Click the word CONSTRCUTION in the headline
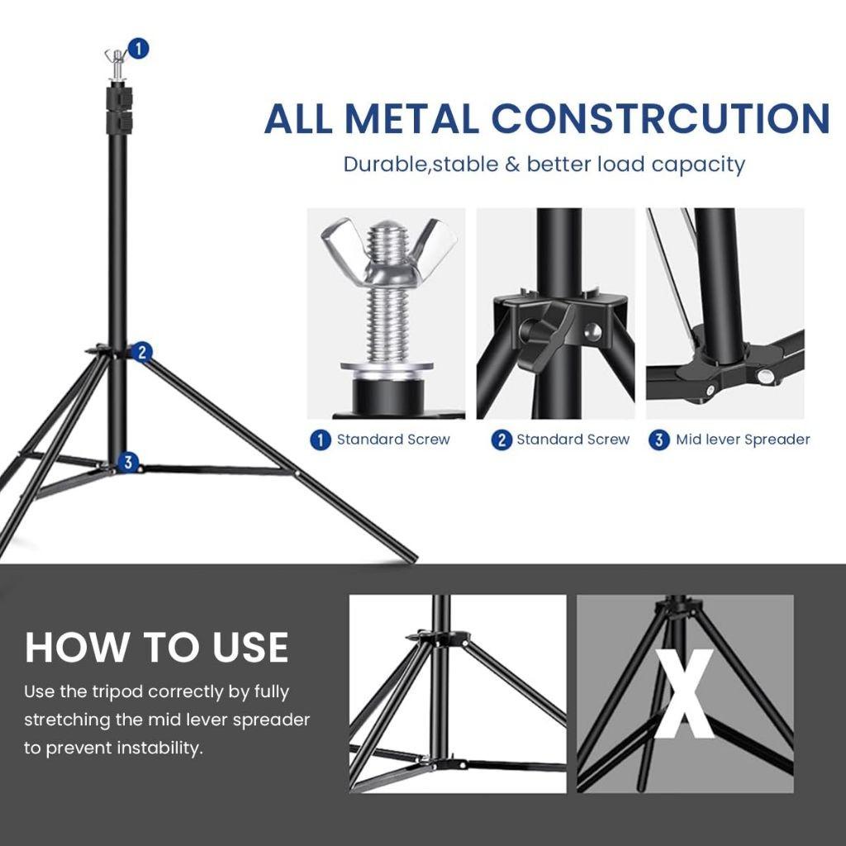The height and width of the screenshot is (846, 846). (x=660, y=118)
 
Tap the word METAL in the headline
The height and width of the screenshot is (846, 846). (x=411, y=118)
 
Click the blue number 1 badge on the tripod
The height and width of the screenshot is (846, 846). (x=139, y=49)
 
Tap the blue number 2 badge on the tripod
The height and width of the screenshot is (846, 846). (x=141, y=352)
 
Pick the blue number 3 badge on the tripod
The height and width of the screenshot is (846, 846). (x=127, y=463)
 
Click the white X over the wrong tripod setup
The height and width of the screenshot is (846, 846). (x=685, y=694)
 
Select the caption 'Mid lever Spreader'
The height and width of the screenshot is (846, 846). (x=743, y=440)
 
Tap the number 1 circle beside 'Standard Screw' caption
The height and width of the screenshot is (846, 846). (x=321, y=440)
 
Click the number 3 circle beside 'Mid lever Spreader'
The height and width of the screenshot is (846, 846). (x=658, y=440)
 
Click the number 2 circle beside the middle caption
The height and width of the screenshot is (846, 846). (x=501, y=440)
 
